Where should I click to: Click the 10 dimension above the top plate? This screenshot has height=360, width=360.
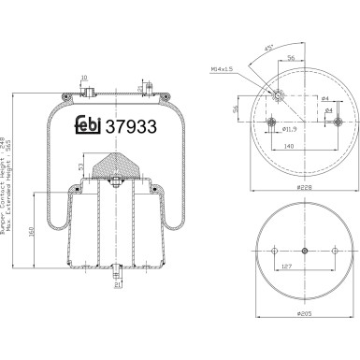83,78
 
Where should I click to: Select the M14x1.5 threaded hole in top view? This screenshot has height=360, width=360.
278,93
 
